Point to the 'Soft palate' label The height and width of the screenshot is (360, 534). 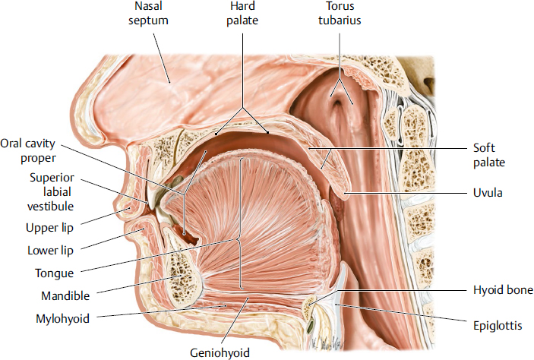click(489, 156)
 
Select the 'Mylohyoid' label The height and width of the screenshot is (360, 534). click(62, 319)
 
